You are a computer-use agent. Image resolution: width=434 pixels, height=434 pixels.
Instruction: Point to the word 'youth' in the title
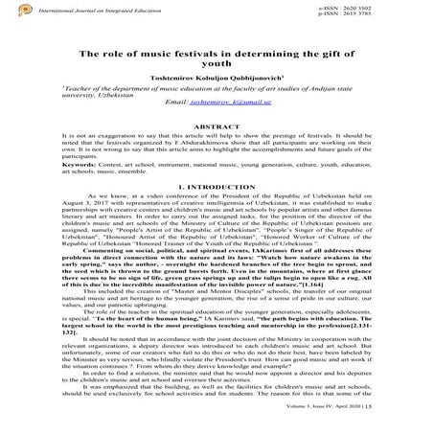217,71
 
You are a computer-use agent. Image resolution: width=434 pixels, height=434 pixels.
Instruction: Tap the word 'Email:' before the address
179,126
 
